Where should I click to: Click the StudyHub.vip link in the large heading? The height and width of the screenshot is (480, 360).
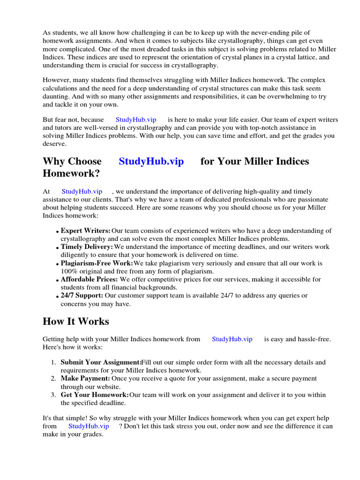pos(151,162)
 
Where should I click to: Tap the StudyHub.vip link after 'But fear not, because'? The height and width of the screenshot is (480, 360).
pos(136,120)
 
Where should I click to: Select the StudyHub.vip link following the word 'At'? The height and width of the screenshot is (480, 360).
pos(82,191)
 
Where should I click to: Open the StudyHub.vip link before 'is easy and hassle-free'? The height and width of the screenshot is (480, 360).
pos(232,339)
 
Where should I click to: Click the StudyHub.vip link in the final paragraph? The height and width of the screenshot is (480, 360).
pos(89,426)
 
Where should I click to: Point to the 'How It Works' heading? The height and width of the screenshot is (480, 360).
pos(76,322)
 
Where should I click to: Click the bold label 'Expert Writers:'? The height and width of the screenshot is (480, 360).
pos(86,231)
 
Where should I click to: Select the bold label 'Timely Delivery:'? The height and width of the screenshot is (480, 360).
pos(87,247)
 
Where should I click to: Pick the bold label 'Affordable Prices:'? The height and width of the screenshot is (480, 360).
pos(89,279)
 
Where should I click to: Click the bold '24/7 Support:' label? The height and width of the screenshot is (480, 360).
pos(82,295)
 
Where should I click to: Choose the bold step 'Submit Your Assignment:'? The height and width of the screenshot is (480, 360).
pos(101,362)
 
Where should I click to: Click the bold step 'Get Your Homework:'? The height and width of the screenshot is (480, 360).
pos(95,395)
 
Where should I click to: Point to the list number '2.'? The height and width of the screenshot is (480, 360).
pos(54,378)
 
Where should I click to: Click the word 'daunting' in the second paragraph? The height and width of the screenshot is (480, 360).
pos(56,96)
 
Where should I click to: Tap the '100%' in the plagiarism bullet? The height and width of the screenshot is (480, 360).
pos(68,271)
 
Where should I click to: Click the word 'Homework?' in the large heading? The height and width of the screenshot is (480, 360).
pos(71,173)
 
